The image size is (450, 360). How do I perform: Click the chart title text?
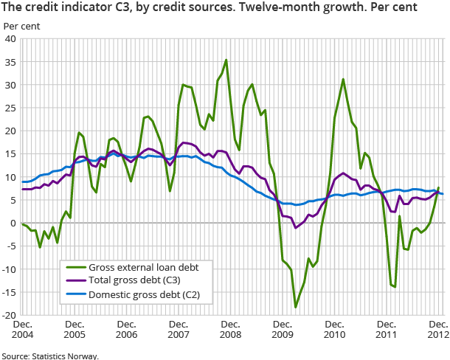209,8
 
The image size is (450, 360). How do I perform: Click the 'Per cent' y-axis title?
22,26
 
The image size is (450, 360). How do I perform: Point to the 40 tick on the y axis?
12,39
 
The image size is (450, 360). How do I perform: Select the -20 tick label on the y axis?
10,315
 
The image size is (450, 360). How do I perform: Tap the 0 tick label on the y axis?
14,223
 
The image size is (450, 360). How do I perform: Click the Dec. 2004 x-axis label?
22,330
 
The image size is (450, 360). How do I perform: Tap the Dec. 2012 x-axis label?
438,330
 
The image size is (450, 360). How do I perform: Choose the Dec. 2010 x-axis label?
335,330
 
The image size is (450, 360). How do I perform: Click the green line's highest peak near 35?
226,60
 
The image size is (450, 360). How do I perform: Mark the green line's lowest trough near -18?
296,307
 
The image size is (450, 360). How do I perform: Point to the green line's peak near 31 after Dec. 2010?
344,79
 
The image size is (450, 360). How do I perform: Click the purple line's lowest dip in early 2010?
296,228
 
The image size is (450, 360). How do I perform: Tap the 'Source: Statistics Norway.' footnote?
49,355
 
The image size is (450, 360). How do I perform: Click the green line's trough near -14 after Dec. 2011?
395,287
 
